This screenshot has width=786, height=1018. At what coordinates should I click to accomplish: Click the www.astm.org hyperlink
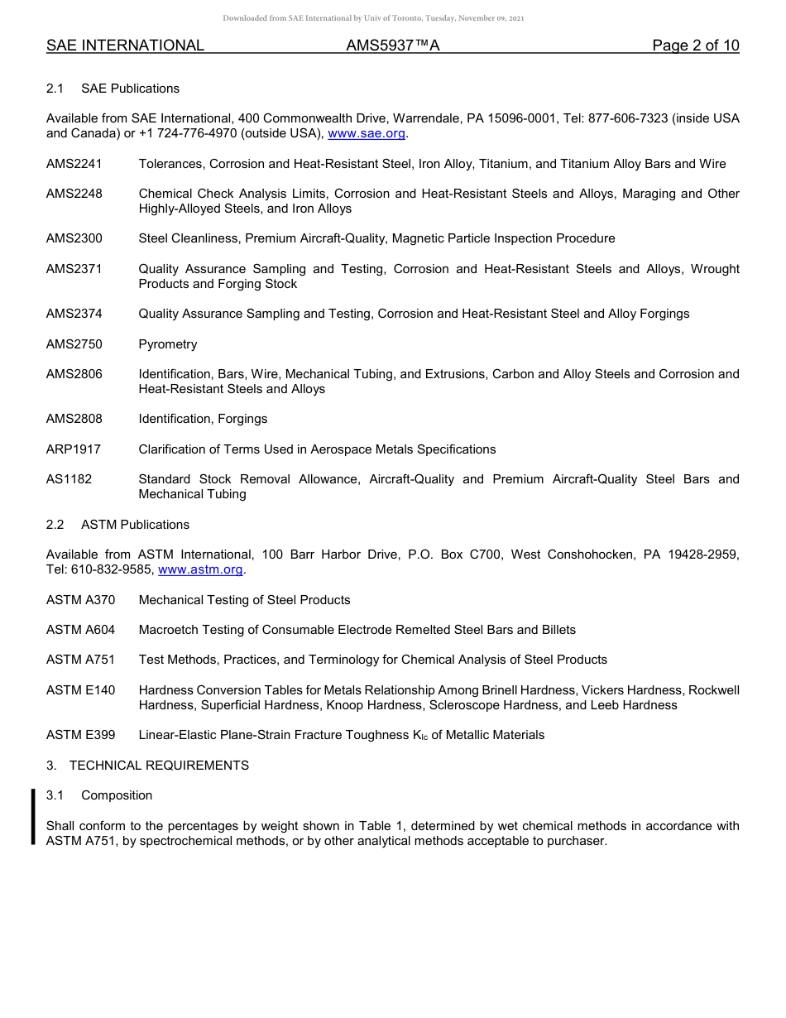[x=199, y=569]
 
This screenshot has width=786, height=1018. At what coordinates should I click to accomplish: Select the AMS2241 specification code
[x=74, y=164]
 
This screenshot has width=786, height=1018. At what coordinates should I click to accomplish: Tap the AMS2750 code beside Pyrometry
[x=74, y=344]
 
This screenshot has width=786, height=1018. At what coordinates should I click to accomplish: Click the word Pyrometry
[x=168, y=344]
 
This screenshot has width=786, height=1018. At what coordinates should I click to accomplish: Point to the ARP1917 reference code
[x=74, y=449]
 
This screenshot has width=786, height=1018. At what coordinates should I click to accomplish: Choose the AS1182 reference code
[x=69, y=479]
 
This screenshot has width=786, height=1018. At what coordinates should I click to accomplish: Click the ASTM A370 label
[x=81, y=600]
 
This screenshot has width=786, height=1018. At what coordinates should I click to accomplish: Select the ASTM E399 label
[x=81, y=735]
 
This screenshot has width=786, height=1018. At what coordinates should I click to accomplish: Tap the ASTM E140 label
[x=81, y=690]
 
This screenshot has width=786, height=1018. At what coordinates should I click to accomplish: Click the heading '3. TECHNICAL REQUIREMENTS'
[x=147, y=766]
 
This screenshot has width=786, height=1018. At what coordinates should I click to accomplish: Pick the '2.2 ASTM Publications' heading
[x=117, y=525]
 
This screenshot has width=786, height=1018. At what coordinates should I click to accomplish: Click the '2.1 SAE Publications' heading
[x=113, y=89]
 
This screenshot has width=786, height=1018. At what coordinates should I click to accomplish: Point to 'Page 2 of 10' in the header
[x=695, y=46]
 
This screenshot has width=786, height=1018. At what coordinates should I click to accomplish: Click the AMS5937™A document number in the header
[x=392, y=46]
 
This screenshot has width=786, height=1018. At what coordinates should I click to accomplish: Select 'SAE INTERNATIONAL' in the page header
[x=125, y=46]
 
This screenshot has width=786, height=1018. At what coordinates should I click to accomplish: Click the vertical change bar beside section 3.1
[x=33, y=817]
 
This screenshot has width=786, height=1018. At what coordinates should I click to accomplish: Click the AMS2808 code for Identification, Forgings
[x=74, y=419]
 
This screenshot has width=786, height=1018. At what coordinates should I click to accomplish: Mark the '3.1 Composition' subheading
[x=99, y=795]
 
